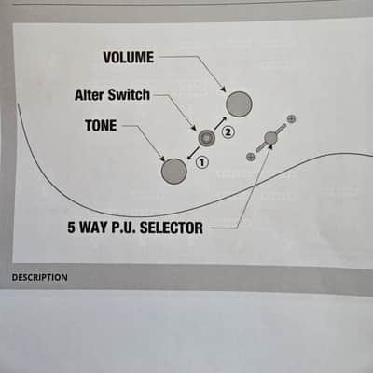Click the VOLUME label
129,58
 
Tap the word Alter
90,95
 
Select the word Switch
129,94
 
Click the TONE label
101,126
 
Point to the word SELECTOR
172,228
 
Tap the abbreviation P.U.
123,228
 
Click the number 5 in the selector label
71,228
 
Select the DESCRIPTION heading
39,277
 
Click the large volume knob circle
239,104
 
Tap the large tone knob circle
174,172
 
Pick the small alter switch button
207,138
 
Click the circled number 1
201,162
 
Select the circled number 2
228,132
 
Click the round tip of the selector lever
270,137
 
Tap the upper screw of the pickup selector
291,118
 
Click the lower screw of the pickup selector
250,157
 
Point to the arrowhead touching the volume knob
223,89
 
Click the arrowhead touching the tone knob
161,158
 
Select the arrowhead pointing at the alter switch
194,128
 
